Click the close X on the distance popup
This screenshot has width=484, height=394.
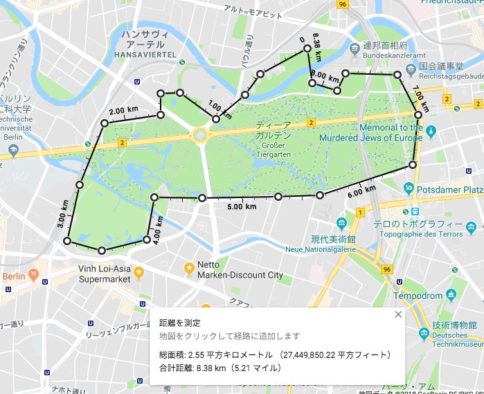point(397,314)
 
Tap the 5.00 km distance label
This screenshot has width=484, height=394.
point(242,206)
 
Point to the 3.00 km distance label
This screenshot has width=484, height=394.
point(62,220)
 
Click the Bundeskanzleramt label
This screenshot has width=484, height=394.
point(393,54)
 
